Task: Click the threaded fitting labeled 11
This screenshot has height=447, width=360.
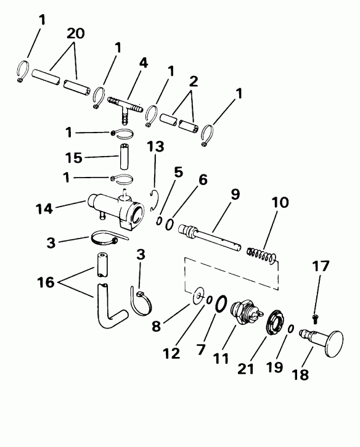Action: [x=244, y=312]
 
